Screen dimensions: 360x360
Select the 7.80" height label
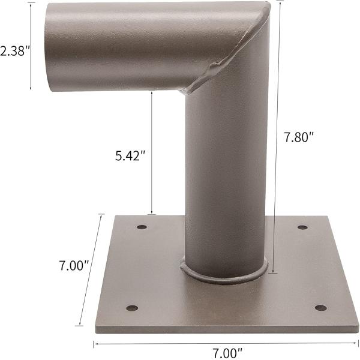[x=299, y=137]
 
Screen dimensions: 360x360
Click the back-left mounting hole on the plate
[x=142, y=227]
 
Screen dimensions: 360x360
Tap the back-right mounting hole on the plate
[x=302, y=227]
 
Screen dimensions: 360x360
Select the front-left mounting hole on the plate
[x=132, y=308]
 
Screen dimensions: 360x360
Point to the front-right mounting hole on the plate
[x=321, y=308]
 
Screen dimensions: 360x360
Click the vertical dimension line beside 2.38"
[x=31, y=45]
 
